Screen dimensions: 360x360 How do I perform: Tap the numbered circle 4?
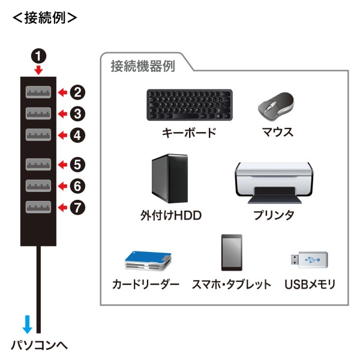click(78, 135)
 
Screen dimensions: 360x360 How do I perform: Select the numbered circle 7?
click(78, 208)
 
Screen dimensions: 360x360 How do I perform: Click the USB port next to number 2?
click(38, 92)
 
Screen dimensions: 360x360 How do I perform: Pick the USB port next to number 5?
click(38, 164)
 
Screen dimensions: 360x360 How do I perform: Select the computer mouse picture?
click(277, 106)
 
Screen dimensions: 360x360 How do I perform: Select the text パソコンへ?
click(40, 346)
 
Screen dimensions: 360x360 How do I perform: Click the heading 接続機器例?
click(143, 67)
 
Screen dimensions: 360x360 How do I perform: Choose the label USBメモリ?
click(310, 284)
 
